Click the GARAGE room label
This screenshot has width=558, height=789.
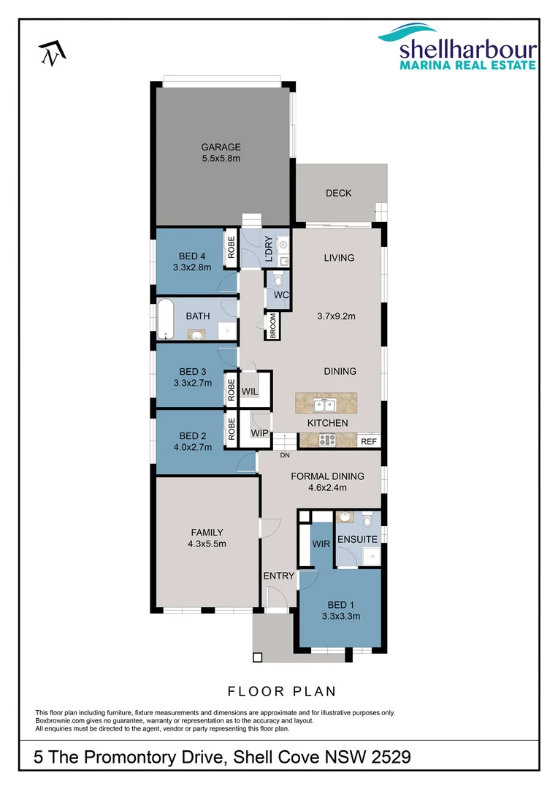click(221, 147)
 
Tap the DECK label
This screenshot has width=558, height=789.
click(338, 193)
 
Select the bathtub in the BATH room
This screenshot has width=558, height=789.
click(167, 319)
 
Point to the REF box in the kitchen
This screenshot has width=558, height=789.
click(369, 441)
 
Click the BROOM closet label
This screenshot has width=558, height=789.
click(272, 327)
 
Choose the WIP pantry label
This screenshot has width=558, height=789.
click(259, 433)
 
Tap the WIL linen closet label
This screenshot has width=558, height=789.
click(250, 392)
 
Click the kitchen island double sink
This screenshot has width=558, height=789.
click(322, 403)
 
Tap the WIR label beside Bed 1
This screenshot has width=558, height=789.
click(321, 544)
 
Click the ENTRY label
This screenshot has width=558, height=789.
click(279, 576)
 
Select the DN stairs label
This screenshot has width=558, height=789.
click(284, 455)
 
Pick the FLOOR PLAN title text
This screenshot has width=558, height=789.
click(281, 690)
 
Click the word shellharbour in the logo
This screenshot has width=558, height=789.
click(467, 50)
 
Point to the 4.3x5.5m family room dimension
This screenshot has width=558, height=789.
click(207, 544)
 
